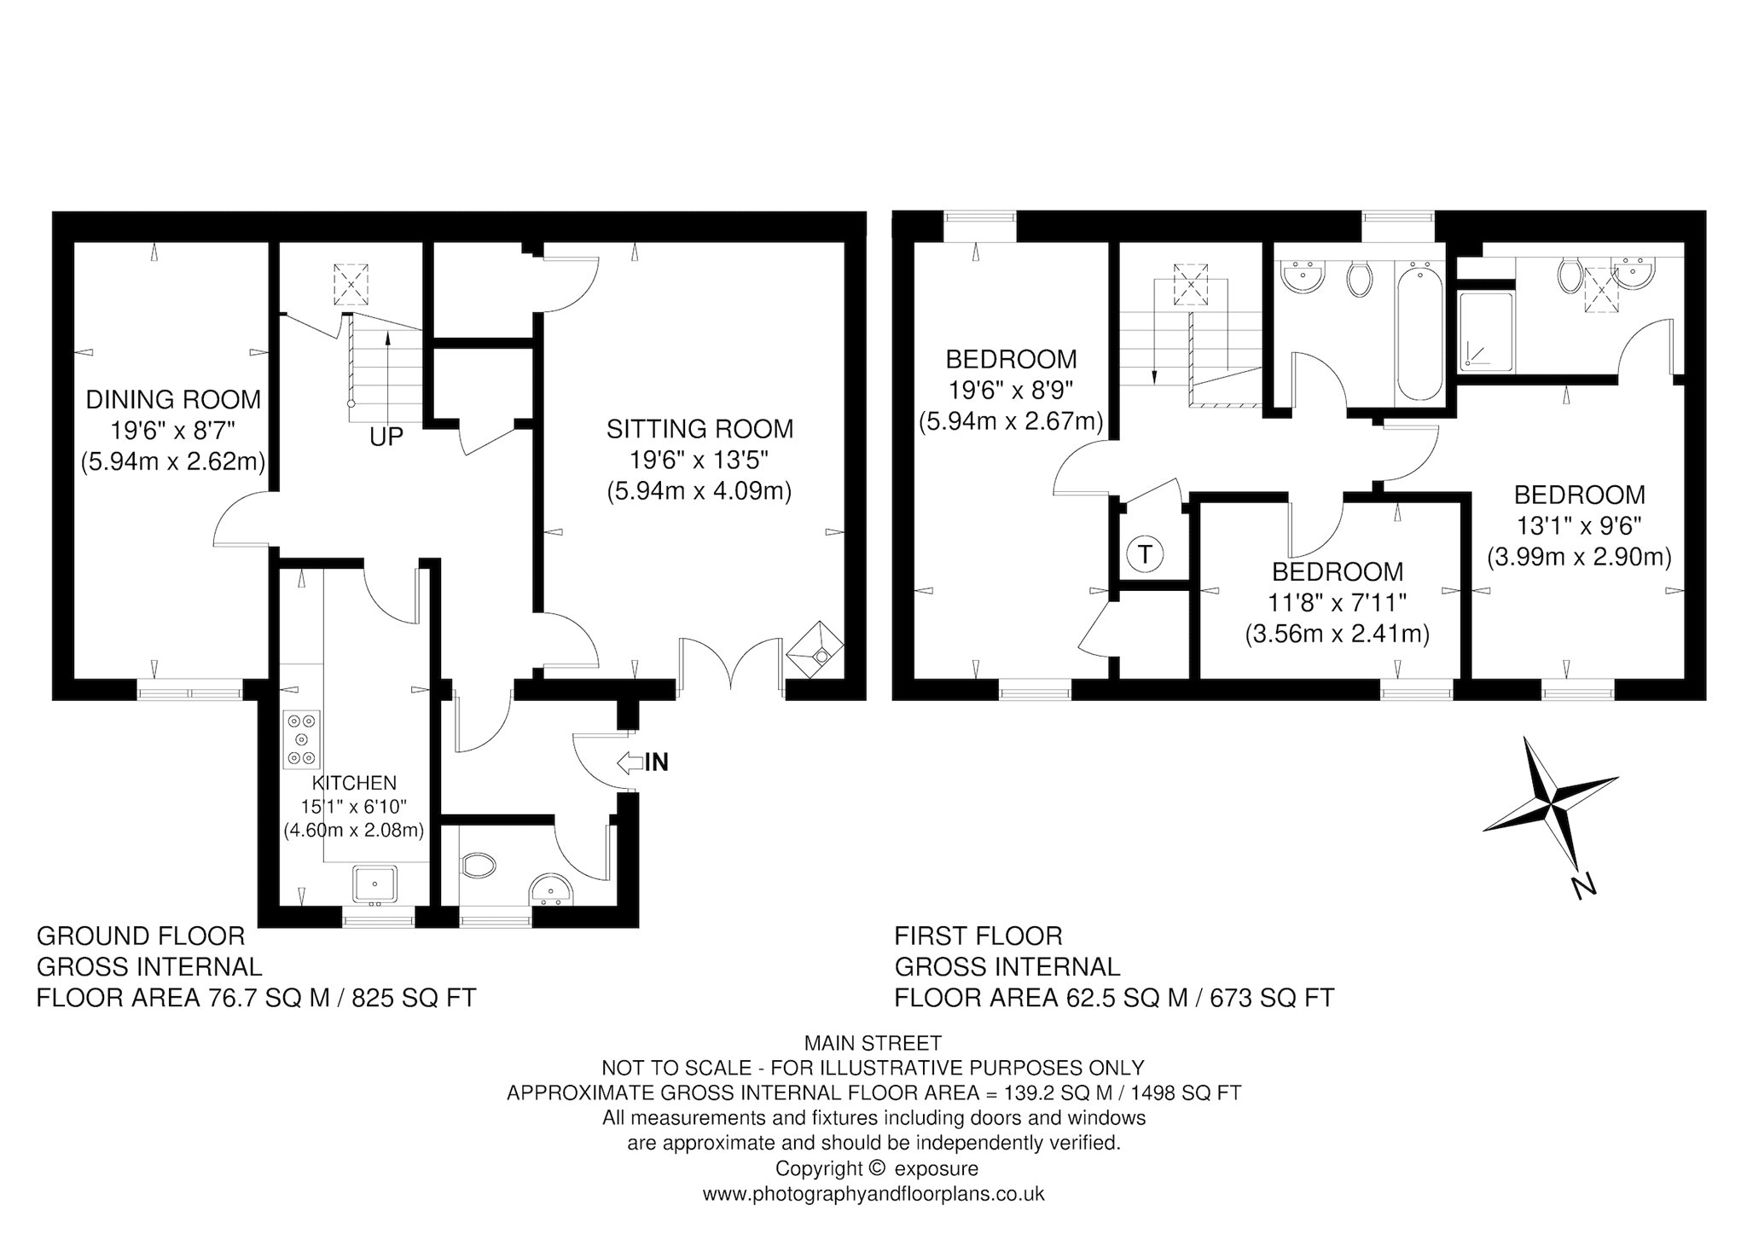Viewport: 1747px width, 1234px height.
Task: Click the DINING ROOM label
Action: tap(173, 399)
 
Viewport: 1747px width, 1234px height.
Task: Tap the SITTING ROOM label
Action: tap(699, 429)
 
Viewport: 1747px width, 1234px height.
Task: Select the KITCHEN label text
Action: tap(354, 783)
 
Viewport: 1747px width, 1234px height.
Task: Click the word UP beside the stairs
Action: tap(386, 437)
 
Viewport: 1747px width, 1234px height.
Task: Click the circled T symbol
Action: tap(1146, 554)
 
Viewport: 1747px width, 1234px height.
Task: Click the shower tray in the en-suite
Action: tap(1485, 333)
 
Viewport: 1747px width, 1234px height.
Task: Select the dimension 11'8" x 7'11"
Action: tap(1338, 603)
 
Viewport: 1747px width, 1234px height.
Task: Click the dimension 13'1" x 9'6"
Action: tap(1579, 525)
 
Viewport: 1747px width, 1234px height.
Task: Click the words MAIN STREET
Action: tap(873, 1043)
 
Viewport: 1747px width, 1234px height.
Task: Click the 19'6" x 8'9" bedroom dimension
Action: tap(1011, 391)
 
